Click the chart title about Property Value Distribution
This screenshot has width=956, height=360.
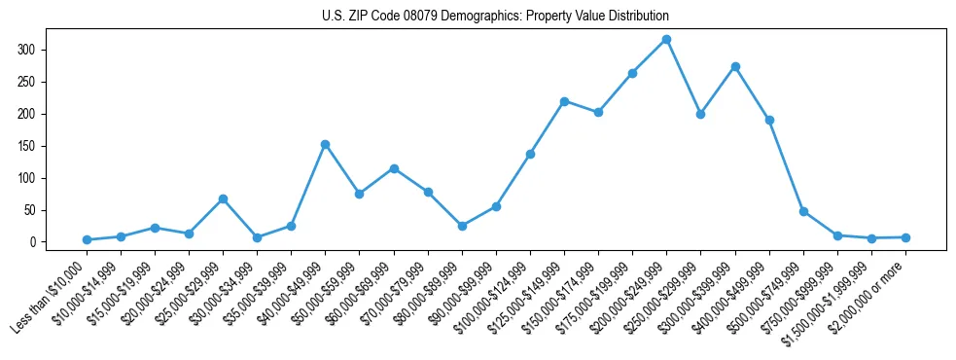click(x=495, y=17)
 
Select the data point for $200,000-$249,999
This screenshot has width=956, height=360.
click(x=666, y=40)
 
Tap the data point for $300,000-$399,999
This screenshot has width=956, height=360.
click(x=735, y=66)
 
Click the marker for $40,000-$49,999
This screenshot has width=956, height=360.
click(x=325, y=144)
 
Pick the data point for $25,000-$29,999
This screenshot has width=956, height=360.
click(x=223, y=198)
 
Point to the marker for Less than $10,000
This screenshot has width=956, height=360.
click(x=87, y=239)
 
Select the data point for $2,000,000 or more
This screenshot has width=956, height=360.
click(x=905, y=237)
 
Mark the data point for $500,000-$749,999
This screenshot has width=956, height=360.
click(x=803, y=211)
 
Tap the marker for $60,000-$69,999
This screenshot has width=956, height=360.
click(x=394, y=168)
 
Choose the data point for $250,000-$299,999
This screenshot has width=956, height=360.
click(x=701, y=114)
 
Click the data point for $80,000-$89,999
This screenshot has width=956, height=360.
click(x=462, y=226)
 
